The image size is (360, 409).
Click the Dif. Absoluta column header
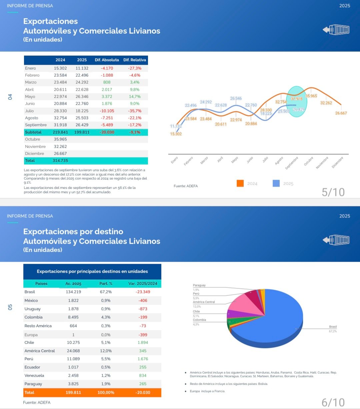107,60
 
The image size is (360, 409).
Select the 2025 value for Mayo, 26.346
82,97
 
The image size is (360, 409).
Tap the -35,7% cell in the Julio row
135,111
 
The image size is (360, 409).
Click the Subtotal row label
33,132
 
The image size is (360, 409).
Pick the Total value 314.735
60,161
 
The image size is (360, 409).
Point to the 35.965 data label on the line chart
311,96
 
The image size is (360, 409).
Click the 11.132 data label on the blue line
176,126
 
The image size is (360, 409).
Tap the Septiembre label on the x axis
292,163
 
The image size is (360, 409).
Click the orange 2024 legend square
240,183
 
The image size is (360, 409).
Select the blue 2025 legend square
276,183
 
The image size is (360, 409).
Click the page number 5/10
333,192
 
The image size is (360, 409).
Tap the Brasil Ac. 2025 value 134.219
73,292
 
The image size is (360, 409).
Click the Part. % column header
106,284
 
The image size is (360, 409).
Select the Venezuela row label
34,376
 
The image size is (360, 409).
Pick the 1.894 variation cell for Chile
143,343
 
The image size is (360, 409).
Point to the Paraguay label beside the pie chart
199,285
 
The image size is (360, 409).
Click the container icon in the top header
336,30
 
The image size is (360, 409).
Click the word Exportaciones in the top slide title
50,21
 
